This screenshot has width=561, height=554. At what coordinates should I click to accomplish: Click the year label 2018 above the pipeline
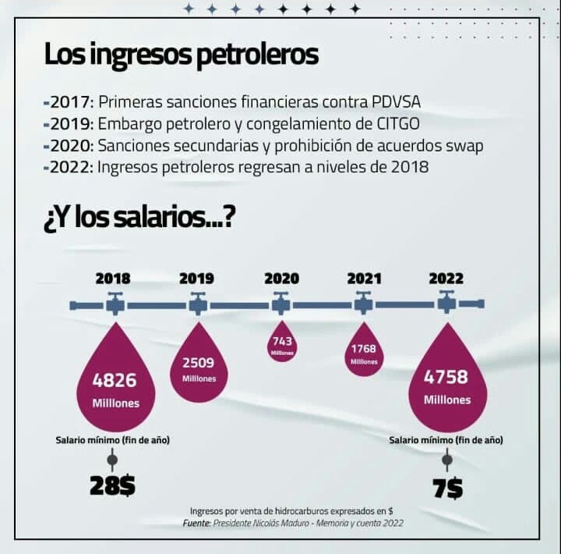[x=113, y=278]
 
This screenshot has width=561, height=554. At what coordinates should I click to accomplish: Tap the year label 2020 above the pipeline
[x=281, y=278]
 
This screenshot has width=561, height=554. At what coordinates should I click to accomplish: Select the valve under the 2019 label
[x=197, y=303]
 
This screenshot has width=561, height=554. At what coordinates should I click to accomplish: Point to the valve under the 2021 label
[x=364, y=303]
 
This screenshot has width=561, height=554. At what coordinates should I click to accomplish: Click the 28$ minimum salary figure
[x=112, y=486]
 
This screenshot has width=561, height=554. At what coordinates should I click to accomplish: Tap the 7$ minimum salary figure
[x=447, y=488]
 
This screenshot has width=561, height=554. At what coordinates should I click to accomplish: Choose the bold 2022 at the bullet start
[x=71, y=167]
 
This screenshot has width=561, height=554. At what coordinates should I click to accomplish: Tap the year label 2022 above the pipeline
[x=446, y=278]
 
